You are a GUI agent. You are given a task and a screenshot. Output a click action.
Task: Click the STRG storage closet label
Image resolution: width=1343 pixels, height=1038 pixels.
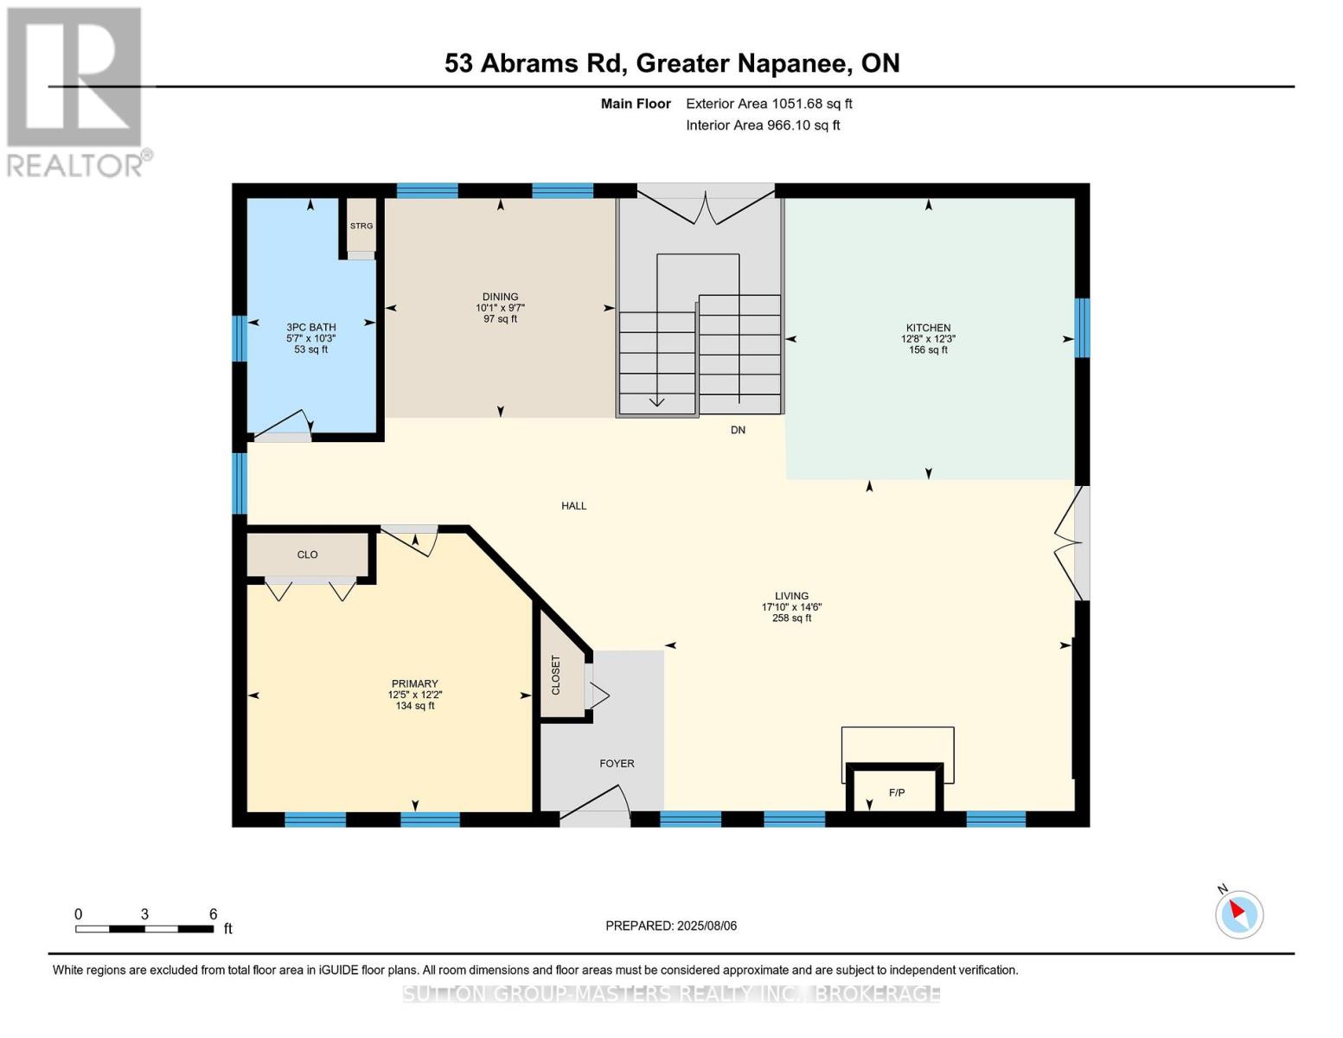click(361, 226)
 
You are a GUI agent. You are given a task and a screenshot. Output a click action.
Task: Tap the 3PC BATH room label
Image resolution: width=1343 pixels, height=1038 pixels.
click(310, 327)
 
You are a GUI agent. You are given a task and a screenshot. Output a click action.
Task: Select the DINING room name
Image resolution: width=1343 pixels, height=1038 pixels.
click(501, 297)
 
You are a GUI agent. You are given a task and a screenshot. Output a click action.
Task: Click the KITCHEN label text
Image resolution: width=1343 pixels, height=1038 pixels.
click(928, 328)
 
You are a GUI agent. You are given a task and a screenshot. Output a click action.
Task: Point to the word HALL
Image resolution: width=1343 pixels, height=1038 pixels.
click(573, 506)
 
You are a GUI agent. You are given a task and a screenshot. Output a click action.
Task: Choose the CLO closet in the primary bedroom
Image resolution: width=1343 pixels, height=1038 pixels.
click(307, 554)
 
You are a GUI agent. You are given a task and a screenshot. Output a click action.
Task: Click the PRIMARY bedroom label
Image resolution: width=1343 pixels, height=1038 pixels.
click(415, 683)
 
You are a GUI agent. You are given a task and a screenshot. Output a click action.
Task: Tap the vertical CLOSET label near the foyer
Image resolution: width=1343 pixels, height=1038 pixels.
click(555, 675)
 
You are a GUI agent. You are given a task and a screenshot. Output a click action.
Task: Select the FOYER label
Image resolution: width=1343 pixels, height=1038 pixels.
click(617, 764)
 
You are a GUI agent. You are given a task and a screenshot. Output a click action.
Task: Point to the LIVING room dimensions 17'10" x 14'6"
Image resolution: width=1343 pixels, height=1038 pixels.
click(792, 607)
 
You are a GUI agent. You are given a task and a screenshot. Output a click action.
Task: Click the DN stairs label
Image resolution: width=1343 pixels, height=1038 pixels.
click(738, 430)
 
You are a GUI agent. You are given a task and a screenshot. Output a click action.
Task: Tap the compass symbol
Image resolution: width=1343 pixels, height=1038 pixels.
click(1239, 915)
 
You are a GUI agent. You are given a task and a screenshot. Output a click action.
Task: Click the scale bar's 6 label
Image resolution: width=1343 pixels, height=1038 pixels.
click(214, 913)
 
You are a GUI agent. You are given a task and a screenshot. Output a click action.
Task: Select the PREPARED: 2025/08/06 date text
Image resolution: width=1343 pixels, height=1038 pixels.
click(671, 926)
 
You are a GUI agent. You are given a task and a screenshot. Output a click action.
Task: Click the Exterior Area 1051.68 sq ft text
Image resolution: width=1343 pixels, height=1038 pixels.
click(769, 104)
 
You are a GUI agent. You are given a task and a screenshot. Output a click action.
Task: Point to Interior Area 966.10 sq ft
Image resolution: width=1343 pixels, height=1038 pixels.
click(763, 125)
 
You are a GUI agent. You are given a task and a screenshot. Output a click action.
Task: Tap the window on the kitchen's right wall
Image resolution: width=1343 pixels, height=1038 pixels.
click(1082, 328)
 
